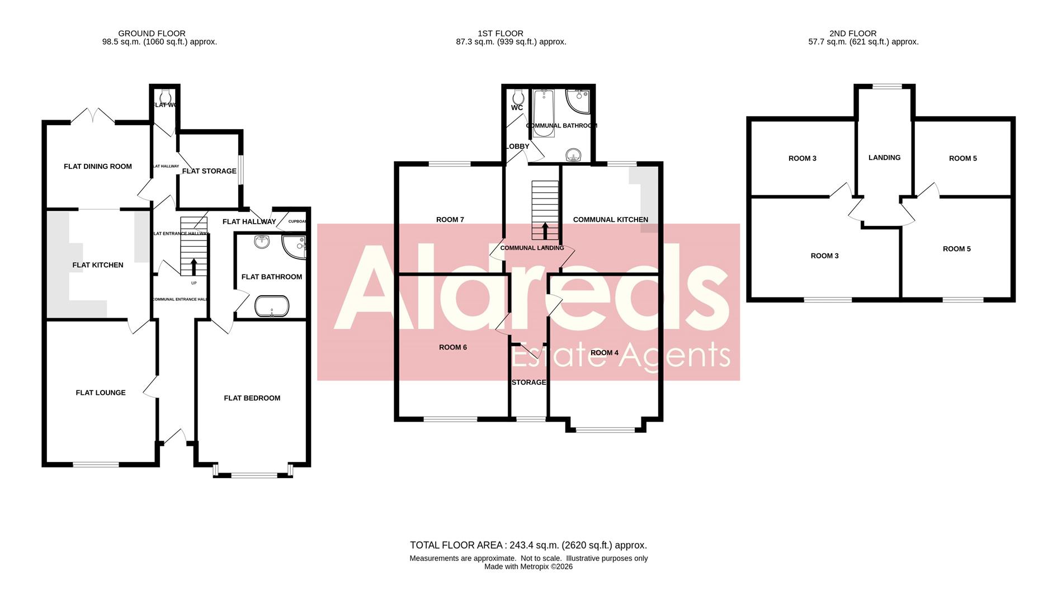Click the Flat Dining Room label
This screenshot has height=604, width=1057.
pos(98,166)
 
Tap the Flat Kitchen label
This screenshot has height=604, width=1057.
pos(98,265)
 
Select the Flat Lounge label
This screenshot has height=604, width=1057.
pos(101,393)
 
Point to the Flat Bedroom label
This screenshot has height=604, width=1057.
pos(252,398)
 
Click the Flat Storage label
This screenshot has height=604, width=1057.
pos(209,171)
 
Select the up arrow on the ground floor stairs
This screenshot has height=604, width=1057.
pos(194,267)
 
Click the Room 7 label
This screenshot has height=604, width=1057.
pos(450,220)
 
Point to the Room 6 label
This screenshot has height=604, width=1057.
pos(453,347)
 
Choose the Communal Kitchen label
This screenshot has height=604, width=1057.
pos(611,220)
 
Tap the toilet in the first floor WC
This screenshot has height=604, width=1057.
pos(518,96)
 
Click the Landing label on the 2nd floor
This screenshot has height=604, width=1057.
pos(884,158)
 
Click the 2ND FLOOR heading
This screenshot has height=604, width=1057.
pos(853,34)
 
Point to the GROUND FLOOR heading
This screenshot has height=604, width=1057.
pos(152,34)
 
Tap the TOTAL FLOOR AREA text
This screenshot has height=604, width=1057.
pos(528,545)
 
